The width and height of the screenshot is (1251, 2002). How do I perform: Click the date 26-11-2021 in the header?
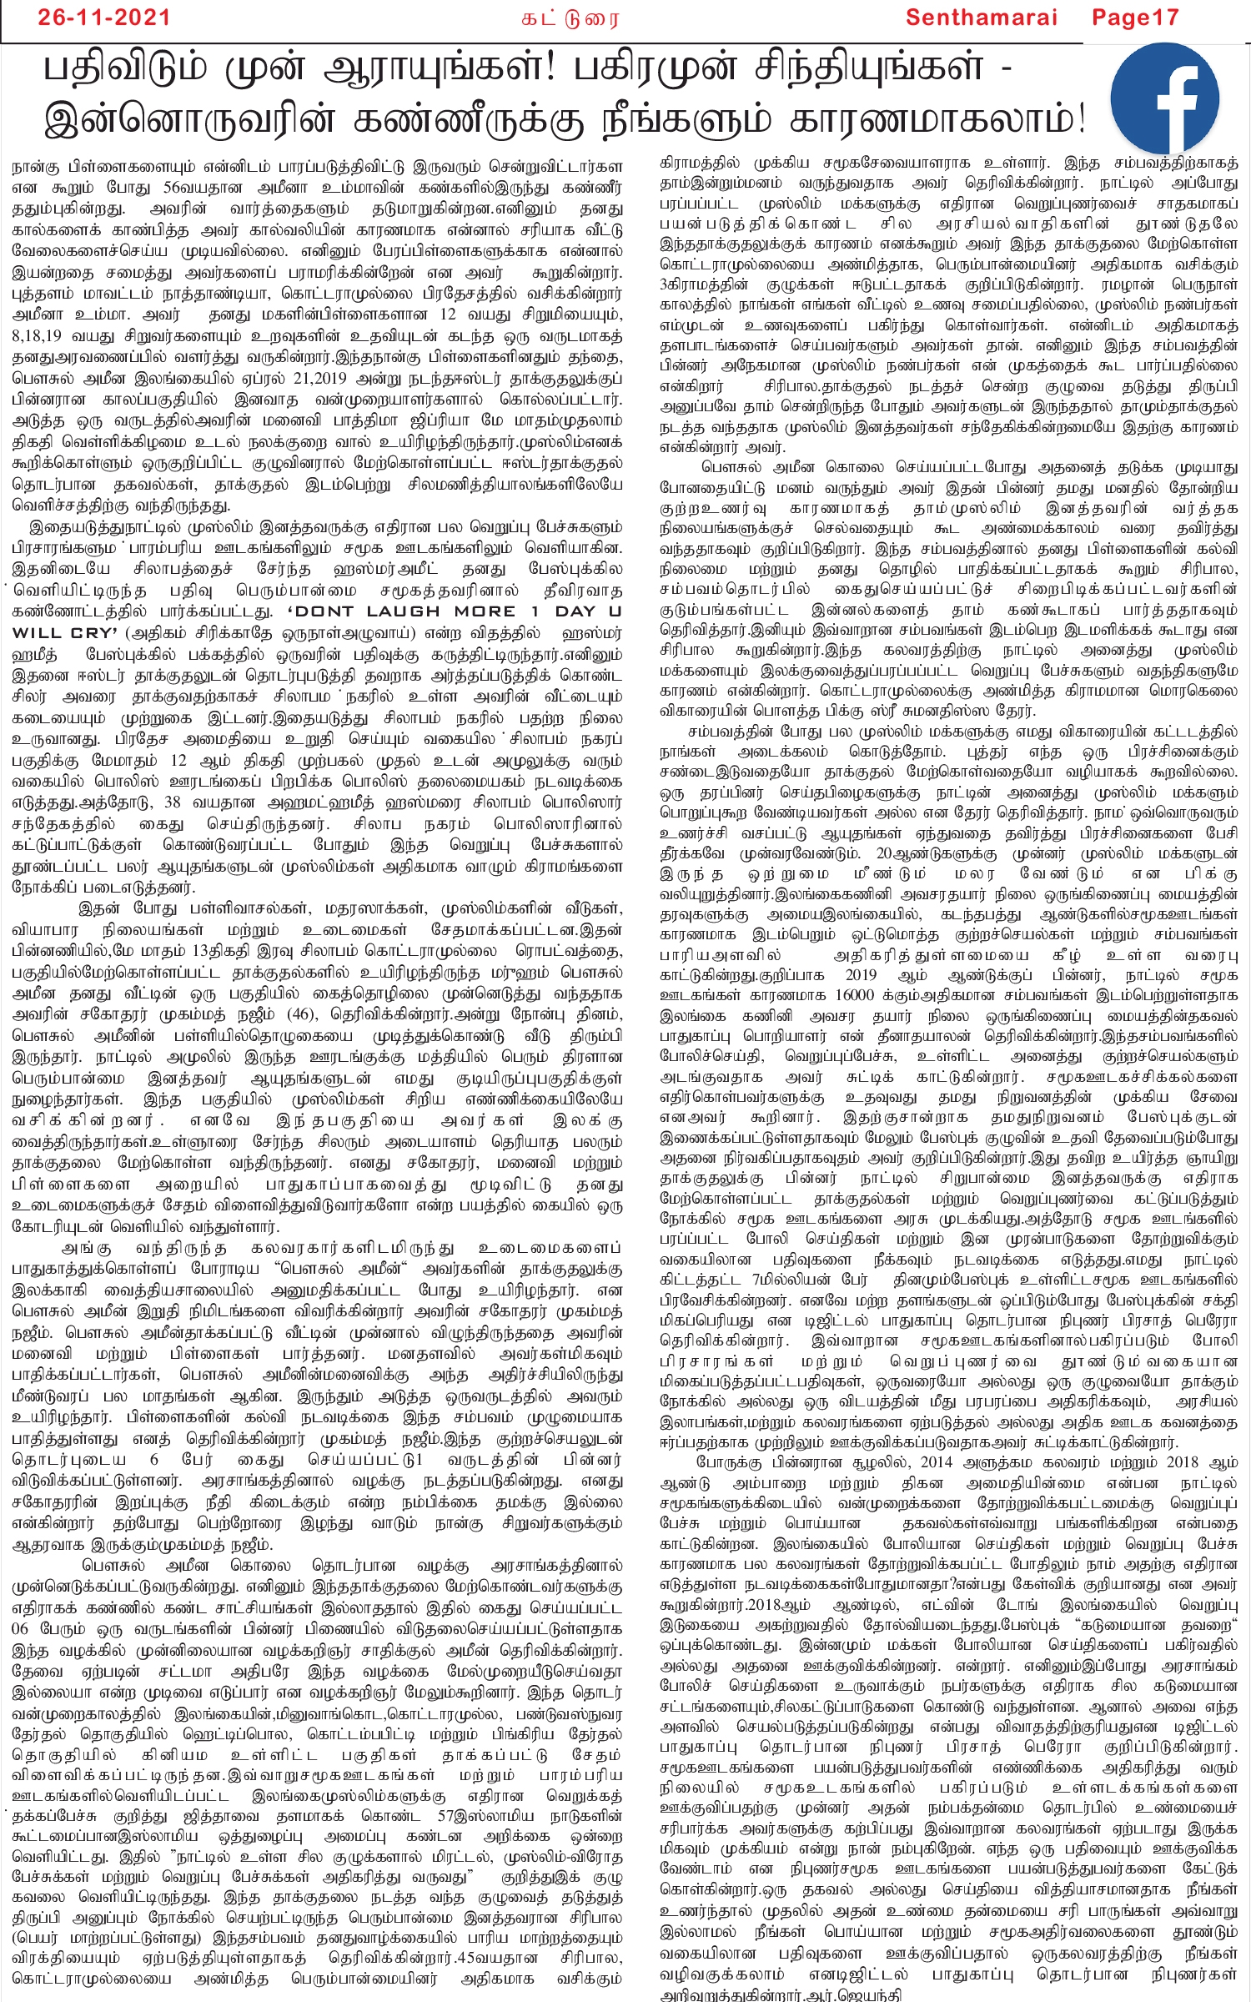tap(103, 18)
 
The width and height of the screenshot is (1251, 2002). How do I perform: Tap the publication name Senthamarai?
tap(982, 18)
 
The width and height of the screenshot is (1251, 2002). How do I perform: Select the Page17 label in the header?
tap(1135, 18)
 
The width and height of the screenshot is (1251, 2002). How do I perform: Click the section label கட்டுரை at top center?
tap(570, 18)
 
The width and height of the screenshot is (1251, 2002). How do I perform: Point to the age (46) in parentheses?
tap(300, 1014)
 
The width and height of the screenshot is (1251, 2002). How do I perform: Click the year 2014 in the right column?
tap(938, 1462)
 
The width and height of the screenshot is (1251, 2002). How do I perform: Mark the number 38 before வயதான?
tap(172, 802)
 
